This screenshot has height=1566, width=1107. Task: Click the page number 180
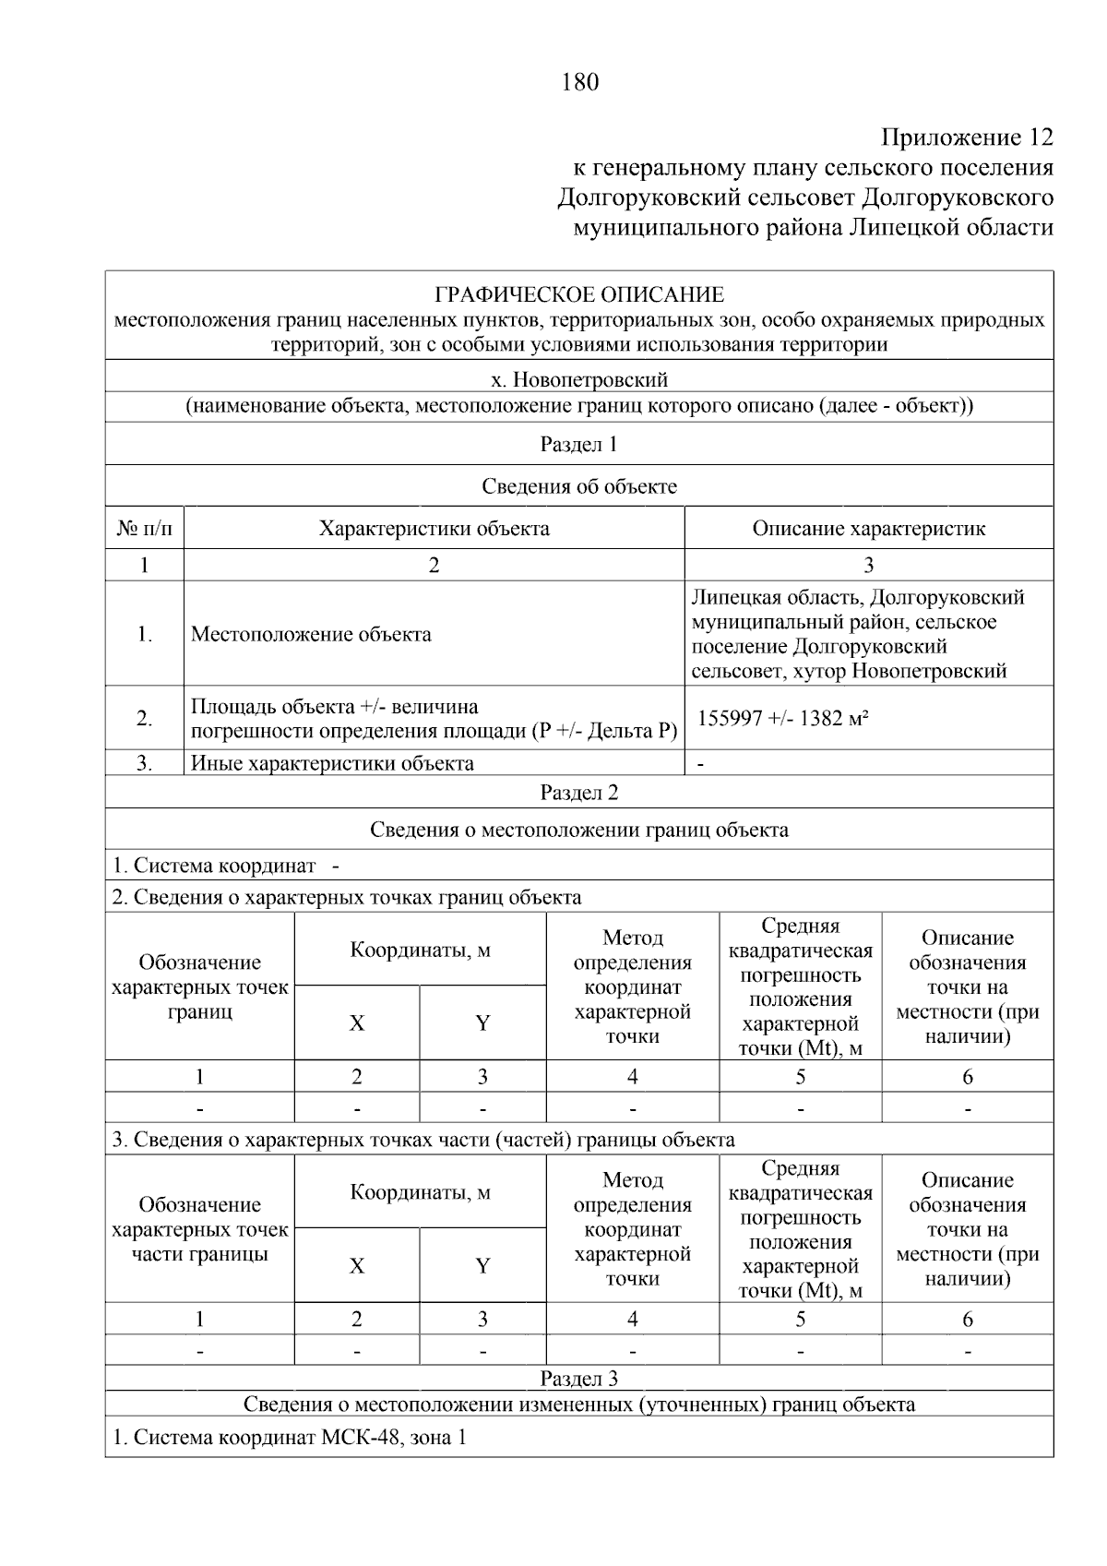(579, 83)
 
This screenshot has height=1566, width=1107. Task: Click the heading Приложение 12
(966, 138)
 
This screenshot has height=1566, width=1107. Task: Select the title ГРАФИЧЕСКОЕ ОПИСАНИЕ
(579, 295)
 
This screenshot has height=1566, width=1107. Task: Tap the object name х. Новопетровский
(579, 379)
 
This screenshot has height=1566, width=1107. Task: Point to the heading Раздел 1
(579, 445)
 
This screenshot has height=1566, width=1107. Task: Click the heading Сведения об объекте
(579, 486)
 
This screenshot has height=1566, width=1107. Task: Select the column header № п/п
(144, 529)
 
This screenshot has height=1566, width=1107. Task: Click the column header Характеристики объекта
(434, 529)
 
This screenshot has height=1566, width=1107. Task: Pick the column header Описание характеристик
(868, 529)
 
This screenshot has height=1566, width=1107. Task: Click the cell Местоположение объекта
(311, 635)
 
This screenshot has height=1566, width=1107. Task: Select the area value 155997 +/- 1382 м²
(783, 718)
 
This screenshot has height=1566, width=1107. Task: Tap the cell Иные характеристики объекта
(332, 763)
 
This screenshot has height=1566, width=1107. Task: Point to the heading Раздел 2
(579, 793)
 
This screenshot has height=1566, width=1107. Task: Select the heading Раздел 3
(579, 1379)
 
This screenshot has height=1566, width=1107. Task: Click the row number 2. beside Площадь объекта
(144, 718)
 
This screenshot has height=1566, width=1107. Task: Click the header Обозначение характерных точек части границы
(199, 1229)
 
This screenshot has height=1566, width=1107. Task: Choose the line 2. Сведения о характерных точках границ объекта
(347, 897)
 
